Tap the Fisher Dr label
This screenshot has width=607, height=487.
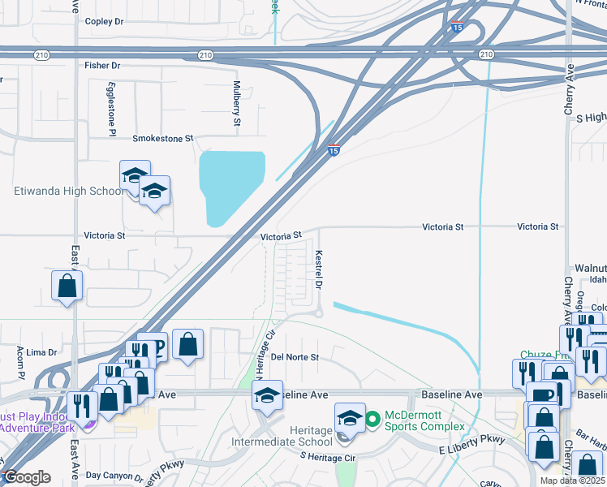pyautogui.click(x=102, y=65)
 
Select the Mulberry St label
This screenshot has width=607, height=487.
pyautogui.click(x=237, y=103)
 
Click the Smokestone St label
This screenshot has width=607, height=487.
pyautogui.click(x=163, y=139)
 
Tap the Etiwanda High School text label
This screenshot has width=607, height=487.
pyautogui.click(x=70, y=192)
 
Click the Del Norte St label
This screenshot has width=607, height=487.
pyautogui.click(x=295, y=357)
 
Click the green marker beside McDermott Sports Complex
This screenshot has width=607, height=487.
pyautogui.click(x=372, y=420)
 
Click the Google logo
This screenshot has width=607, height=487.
pyautogui.click(x=27, y=477)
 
